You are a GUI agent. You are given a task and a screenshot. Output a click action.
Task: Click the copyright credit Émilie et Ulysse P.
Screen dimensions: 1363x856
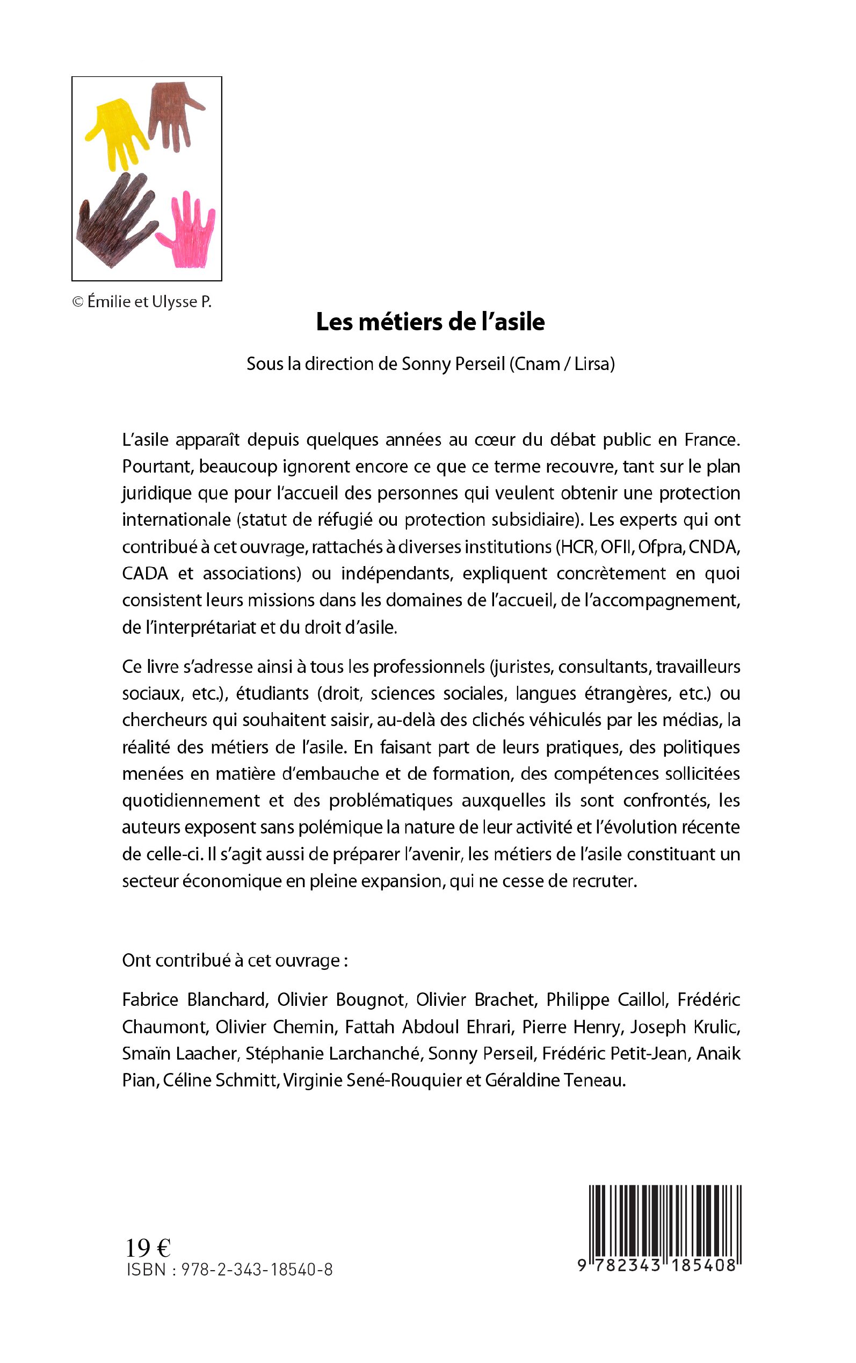point(142,302)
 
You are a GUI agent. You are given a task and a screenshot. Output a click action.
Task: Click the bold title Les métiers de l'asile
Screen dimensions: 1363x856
point(430,322)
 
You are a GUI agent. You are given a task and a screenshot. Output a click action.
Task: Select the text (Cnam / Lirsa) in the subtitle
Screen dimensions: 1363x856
point(562,364)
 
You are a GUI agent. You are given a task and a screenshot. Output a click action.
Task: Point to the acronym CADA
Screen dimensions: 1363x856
point(145,574)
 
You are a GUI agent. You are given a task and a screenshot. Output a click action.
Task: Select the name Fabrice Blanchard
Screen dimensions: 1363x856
point(194,999)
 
